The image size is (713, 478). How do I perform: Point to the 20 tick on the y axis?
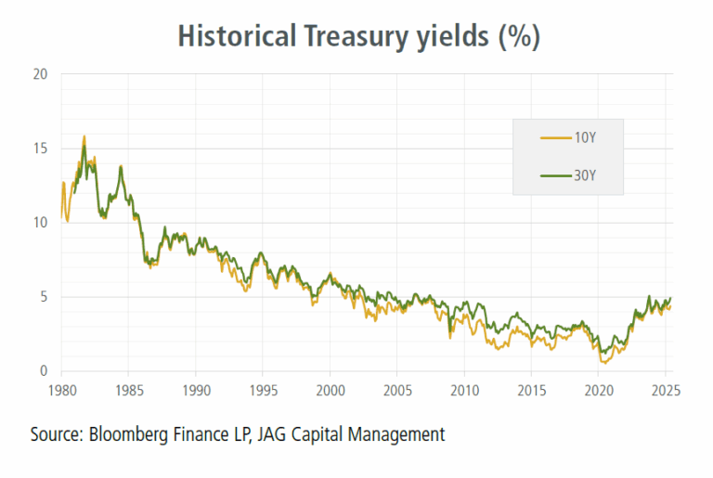[x=40, y=74]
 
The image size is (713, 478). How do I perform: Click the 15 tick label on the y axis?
[x=40, y=149]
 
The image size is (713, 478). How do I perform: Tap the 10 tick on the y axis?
[x=40, y=223]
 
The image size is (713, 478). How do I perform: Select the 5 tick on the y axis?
[x=44, y=297]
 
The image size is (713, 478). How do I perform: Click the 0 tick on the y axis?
[x=44, y=371]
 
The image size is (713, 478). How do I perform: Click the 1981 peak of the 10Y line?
[x=84, y=136]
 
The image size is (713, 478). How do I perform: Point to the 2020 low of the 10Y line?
[x=605, y=362]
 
